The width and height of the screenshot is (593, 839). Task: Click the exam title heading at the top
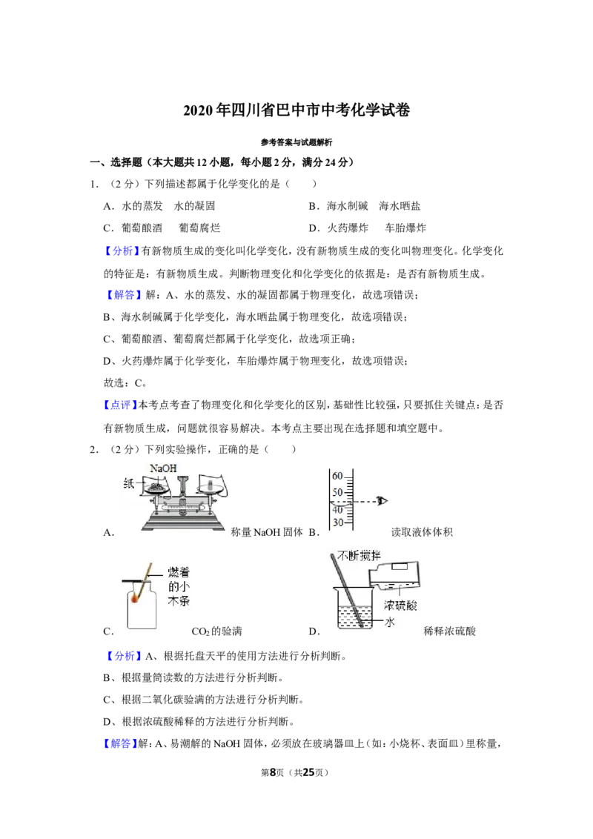point(296,110)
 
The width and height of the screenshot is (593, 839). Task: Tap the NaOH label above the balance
point(163,468)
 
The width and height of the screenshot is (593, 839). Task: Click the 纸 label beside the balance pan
point(129,484)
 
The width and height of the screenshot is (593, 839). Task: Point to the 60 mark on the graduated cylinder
point(337,476)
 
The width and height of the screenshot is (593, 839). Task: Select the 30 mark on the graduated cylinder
point(338,523)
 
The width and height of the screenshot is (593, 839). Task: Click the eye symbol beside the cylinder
point(382,501)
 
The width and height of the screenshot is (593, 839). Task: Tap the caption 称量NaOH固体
point(267,532)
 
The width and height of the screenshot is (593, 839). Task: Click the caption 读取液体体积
point(422,532)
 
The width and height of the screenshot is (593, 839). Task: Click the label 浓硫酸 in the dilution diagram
point(400,606)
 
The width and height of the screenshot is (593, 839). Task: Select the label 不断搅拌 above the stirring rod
point(359,556)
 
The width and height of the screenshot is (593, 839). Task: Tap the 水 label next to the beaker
point(390,622)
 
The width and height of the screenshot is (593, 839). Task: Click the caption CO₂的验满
point(216,631)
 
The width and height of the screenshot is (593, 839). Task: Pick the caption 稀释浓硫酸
point(449,631)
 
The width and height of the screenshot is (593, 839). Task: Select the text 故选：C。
point(125,383)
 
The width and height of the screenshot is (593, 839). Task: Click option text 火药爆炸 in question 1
point(348,228)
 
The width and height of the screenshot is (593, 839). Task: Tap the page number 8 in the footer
point(272,772)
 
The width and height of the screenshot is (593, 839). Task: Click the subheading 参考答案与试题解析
point(296,142)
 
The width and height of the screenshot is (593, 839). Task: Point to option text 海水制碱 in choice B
point(348,206)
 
